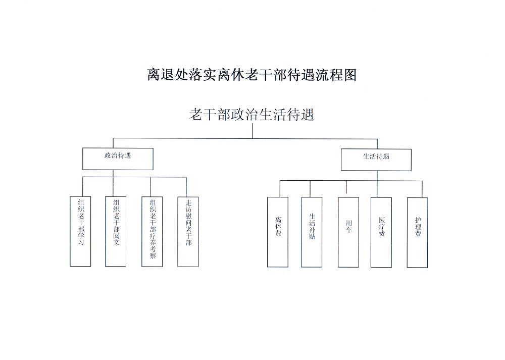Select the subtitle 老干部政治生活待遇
[x=251, y=115]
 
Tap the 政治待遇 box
[x=118, y=159]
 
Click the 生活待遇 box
[x=376, y=160]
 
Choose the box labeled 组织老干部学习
[x=81, y=231]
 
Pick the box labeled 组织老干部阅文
[x=116, y=231]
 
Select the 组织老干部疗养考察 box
[x=152, y=231]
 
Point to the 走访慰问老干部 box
[x=188, y=231]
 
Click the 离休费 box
[x=278, y=232]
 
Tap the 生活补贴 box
[x=312, y=232]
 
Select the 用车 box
[x=348, y=232]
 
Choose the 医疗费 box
[x=381, y=232]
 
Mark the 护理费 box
[x=418, y=232]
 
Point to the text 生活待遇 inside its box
[x=376, y=157]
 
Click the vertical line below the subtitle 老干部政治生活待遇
[x=252, y=131]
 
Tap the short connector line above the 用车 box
[x=346, y=187]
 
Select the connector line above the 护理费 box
[x=422, y=188]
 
